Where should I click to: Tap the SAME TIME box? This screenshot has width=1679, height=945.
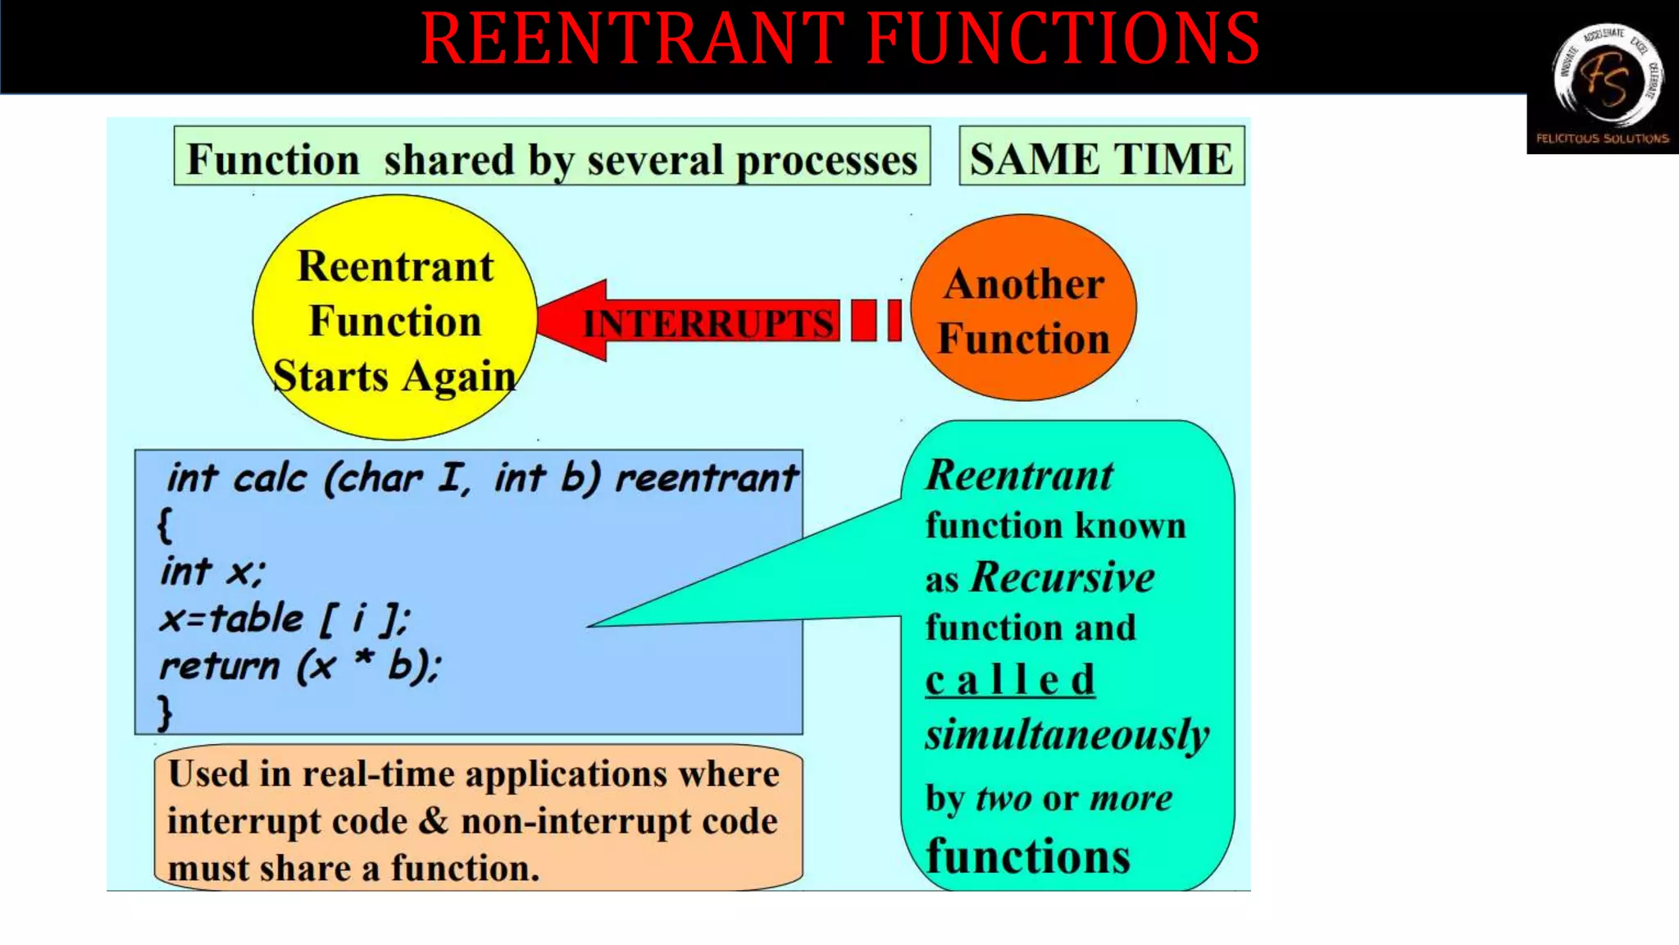(x=1101, y=157)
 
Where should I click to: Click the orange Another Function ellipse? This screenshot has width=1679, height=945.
(x=1023, y=308)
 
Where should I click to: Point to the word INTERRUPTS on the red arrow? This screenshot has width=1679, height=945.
(x=708, y=322)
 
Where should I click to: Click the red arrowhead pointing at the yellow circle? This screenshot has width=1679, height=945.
(x=574, y=320)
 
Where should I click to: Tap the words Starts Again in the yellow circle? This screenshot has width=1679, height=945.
(x=394, y=377)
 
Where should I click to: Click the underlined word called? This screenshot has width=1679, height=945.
(x=1010, y=681)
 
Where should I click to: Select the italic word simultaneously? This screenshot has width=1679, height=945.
(x=1067, y=734)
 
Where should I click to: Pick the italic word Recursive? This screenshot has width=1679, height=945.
(x=1062, y=577)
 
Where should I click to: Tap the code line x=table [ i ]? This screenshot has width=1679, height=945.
(x=284, y=619)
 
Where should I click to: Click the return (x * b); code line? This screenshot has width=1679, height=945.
(x=299, y=666)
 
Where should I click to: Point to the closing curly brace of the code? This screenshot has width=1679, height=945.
(x=165, y=712)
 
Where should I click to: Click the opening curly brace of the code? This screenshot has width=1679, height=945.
(x=165, y=525)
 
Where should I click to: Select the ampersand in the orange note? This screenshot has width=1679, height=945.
(x=434, y=821)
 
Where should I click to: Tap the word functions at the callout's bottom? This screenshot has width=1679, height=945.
(x=1028, y=856)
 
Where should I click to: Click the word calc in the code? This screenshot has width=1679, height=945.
(x=270, y=477)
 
